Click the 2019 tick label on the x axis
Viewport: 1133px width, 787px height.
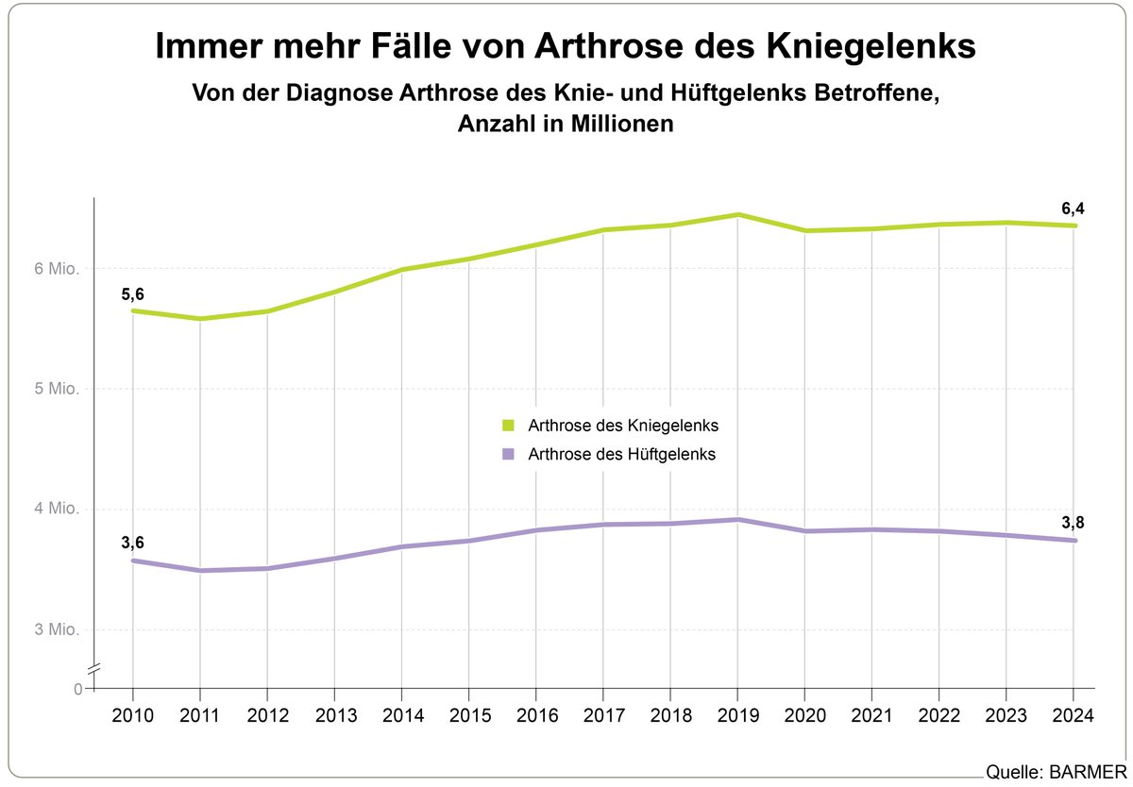pyautogui.click(x=736, y=715)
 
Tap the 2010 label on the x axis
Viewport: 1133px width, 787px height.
pyautogui.click(x=132, y=715)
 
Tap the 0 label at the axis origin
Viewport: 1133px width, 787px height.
pyautogui.click(x=77, y=690)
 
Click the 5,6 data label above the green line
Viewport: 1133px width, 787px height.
pyautogui.click(x=132, y=295)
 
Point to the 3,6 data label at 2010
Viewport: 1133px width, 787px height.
pyautogui.click(x=132, y=542)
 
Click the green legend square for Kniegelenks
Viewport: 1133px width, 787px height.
pyautogui.click(x=509, y=426)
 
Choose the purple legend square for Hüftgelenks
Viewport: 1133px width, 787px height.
pyautogui.click(x=509, y=454)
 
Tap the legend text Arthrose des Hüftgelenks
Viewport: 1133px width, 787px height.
pyautogui.click(x=621, y=454)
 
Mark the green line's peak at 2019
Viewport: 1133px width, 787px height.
pyautogui.click(x=737, y=215)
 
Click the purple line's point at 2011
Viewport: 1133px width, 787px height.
pyautogui.click(x=199, y=570)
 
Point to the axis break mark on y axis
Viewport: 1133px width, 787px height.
pyautogui.click(x=93, y=670)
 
